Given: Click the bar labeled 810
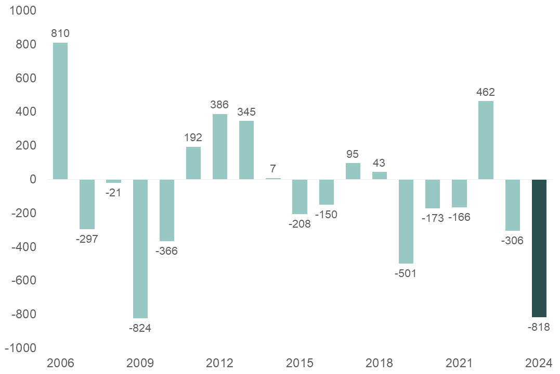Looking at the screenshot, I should [x=60, y=111].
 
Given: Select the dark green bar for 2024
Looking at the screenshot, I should [x=539, y=248].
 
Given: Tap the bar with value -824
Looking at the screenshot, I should [x=140, y=248].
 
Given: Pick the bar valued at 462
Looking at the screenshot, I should [x=486, y=140].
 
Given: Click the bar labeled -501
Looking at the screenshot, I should [x=406, y=221].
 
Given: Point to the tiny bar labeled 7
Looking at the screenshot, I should [x=273, y=179].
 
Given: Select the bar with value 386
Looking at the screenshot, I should [x=220, y=146].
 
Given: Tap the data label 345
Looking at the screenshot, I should [x=246, y=111].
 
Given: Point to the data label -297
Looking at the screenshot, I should [x=87, y=239].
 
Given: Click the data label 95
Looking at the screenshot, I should [x=353, y=154].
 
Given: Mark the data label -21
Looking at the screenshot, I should [x=113, y=193].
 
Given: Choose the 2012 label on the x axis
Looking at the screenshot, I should [x=220, y=363].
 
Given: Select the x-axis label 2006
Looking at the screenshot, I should [x=60, y=363].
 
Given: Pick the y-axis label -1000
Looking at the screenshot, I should [x=19, y=348].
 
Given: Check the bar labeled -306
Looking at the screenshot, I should [x=513, y=205].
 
